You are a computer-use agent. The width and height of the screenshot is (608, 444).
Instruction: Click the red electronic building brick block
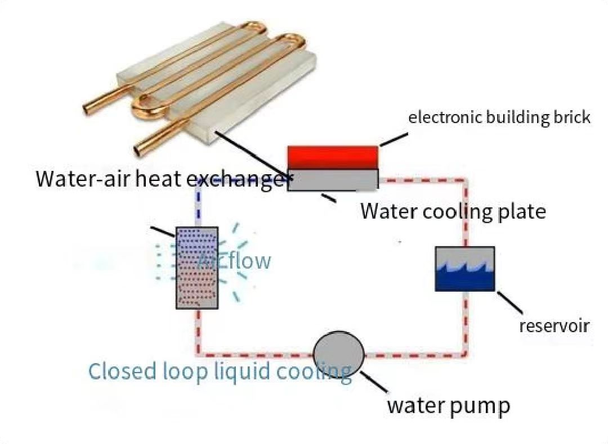(x=332, y=157)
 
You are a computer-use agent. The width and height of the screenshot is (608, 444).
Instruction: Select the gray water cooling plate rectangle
(x=332, y=180)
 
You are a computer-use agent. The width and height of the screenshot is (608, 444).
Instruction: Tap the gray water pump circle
(x=338, y=355)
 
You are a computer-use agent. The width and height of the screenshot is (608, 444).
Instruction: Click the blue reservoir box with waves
(x=465, y=269)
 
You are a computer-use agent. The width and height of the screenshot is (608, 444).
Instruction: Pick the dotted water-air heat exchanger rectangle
(x=196, y=268)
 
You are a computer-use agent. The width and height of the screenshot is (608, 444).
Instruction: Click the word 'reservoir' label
(x=554, y=325)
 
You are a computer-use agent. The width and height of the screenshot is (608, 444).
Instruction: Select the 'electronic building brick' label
(x=499, y=117)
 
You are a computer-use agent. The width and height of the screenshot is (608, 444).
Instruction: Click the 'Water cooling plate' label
(x=453, y=211)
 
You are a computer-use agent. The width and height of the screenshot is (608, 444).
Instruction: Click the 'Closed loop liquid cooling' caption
(x=220, y=371)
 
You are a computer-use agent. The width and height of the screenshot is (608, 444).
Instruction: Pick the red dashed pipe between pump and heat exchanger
(x=253, y=355)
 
